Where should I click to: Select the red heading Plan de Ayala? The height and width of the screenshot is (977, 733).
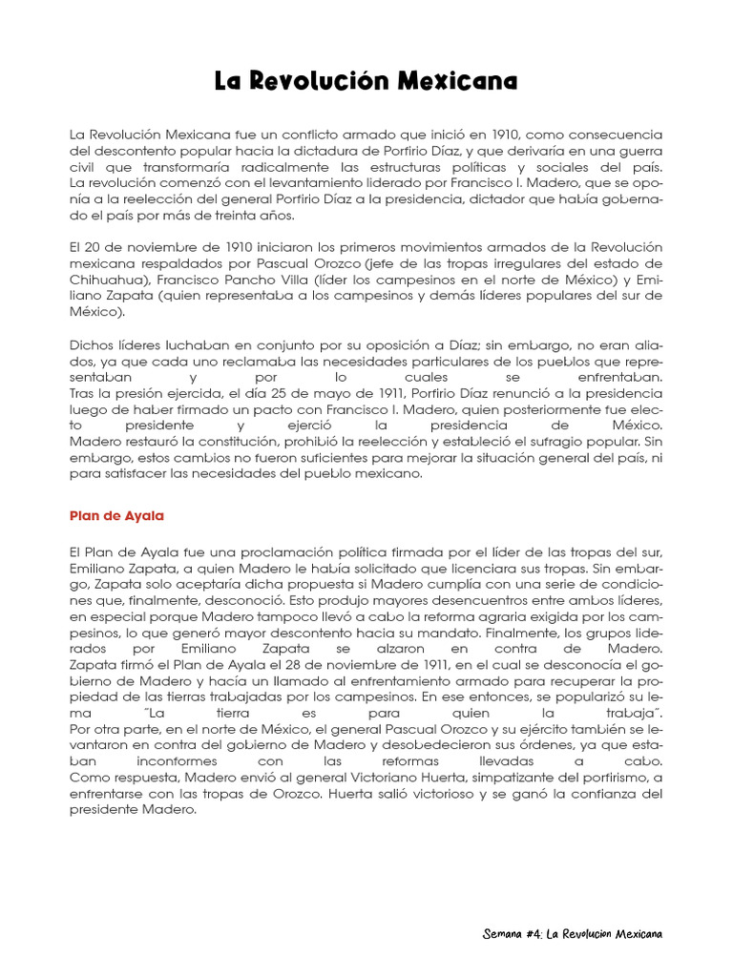click(x=117, y=515)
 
